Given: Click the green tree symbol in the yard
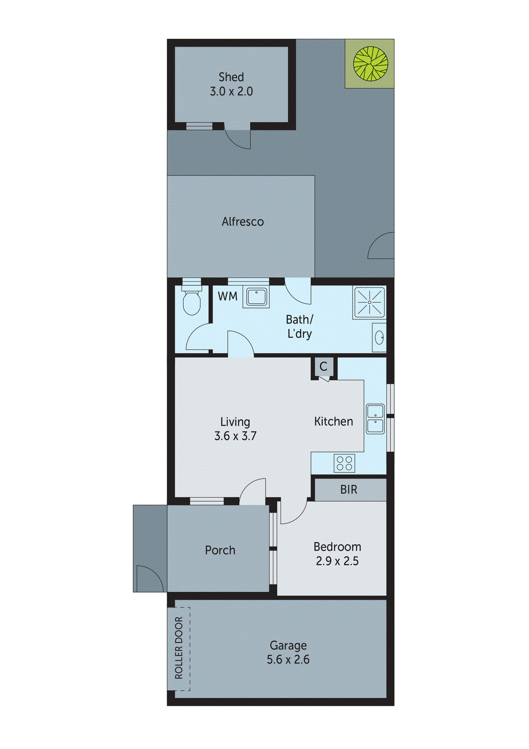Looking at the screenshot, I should (370, 63).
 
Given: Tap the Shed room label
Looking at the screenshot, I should (231, 77).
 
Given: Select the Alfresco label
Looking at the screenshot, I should (242, 221).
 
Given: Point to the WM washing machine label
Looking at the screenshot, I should (228, 296).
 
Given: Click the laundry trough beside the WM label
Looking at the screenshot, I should (256, 297).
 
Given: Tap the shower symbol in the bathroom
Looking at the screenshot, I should (369, 302).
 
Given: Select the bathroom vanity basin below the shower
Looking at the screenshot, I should (379, 337).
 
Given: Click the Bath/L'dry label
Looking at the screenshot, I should (299, 326).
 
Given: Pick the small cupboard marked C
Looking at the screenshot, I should (324, 367).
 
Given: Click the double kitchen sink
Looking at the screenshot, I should (375, 419).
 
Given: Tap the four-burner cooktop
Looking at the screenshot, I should (344, 463).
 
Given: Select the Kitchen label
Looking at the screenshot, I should (333, 421).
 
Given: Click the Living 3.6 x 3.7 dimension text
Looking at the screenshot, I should (235, 436).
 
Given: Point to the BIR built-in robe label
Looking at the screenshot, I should (349, 490).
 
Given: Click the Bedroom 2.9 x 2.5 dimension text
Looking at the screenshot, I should (337, 561).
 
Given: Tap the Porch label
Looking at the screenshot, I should (220, 550).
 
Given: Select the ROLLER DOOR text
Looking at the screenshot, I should (179, 648).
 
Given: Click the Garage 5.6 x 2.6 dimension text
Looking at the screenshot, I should (288, 660).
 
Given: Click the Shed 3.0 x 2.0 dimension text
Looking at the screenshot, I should (231, 91).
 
